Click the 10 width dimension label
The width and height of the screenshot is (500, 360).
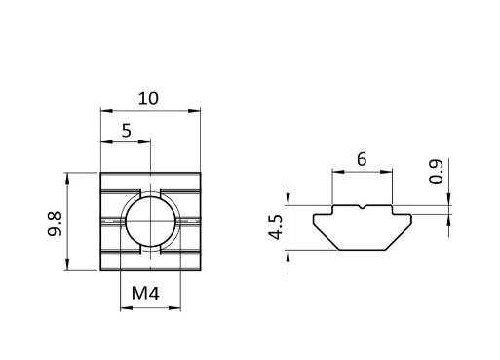tap(148, 99)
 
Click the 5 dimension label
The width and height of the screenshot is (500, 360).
tap(127, 131)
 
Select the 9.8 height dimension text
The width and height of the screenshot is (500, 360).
tap(55, 223)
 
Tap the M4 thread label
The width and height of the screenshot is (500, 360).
tap(145, 293)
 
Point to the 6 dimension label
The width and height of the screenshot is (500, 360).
tap(362, 159)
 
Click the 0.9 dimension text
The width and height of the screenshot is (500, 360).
tap(436, 172)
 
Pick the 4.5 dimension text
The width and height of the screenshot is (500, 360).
tap(276, 226)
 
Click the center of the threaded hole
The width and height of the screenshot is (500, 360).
tap(151, 221)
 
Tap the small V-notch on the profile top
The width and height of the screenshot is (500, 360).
tap(363, 207)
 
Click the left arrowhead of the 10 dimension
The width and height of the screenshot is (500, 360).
tap(106, 111)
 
